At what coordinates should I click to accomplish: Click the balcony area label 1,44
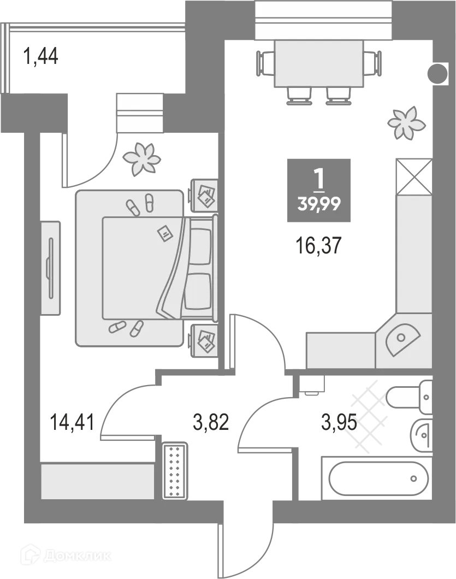point(40,57)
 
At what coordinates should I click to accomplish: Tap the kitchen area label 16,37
point(318,246)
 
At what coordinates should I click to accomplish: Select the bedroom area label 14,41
point(73,422)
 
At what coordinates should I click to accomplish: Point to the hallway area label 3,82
point(211,422)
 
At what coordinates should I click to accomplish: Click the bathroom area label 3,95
point(339,422)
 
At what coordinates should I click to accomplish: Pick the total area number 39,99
point(319,203)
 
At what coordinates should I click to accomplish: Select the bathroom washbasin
point(421,436)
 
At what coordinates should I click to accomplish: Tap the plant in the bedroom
point(142,159)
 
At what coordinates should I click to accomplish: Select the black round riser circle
point(438,74)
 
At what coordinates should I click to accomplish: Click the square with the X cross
point(414,177)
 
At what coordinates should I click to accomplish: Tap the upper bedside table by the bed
point(204,195)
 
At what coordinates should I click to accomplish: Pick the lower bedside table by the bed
point(204,339)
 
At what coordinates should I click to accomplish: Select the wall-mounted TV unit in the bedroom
point(50,268)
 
